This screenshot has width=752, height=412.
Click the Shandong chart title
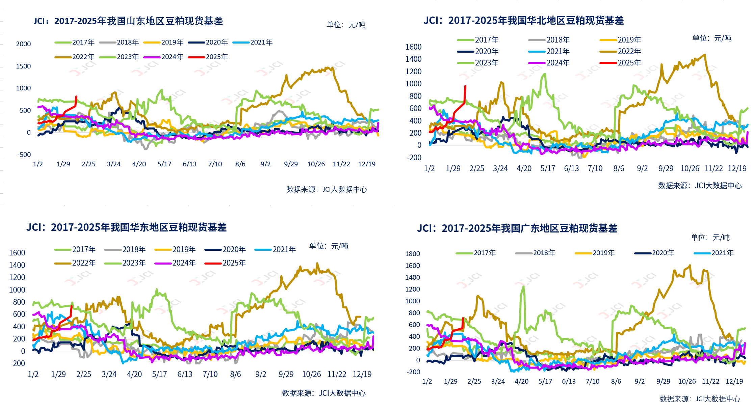[x=128, y=21]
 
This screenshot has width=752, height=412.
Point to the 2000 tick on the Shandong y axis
[x=23, y=44]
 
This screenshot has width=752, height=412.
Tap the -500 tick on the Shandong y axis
[x=24, y=155]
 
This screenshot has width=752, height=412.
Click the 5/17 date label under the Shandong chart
[x=164, y=164]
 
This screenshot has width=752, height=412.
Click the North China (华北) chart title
[x=523, y=21]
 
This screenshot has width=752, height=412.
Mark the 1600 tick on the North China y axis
[x=413, y=47]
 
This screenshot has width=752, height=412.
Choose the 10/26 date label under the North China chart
[x=690, y=168]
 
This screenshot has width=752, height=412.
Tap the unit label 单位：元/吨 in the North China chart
[x=712, y=38]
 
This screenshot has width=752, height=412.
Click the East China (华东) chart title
[x=127, y=227]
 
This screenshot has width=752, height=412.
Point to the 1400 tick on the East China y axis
[x=17, y=265]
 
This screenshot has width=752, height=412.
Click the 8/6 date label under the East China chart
[x=235, y=374]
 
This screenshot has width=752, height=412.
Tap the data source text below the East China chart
[x=323, y=393]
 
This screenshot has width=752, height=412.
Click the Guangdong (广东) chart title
[x=517, y=228]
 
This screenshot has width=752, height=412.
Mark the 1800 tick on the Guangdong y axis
[x=413, y=254]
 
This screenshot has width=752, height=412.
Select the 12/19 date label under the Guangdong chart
[x=734, y=381]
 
